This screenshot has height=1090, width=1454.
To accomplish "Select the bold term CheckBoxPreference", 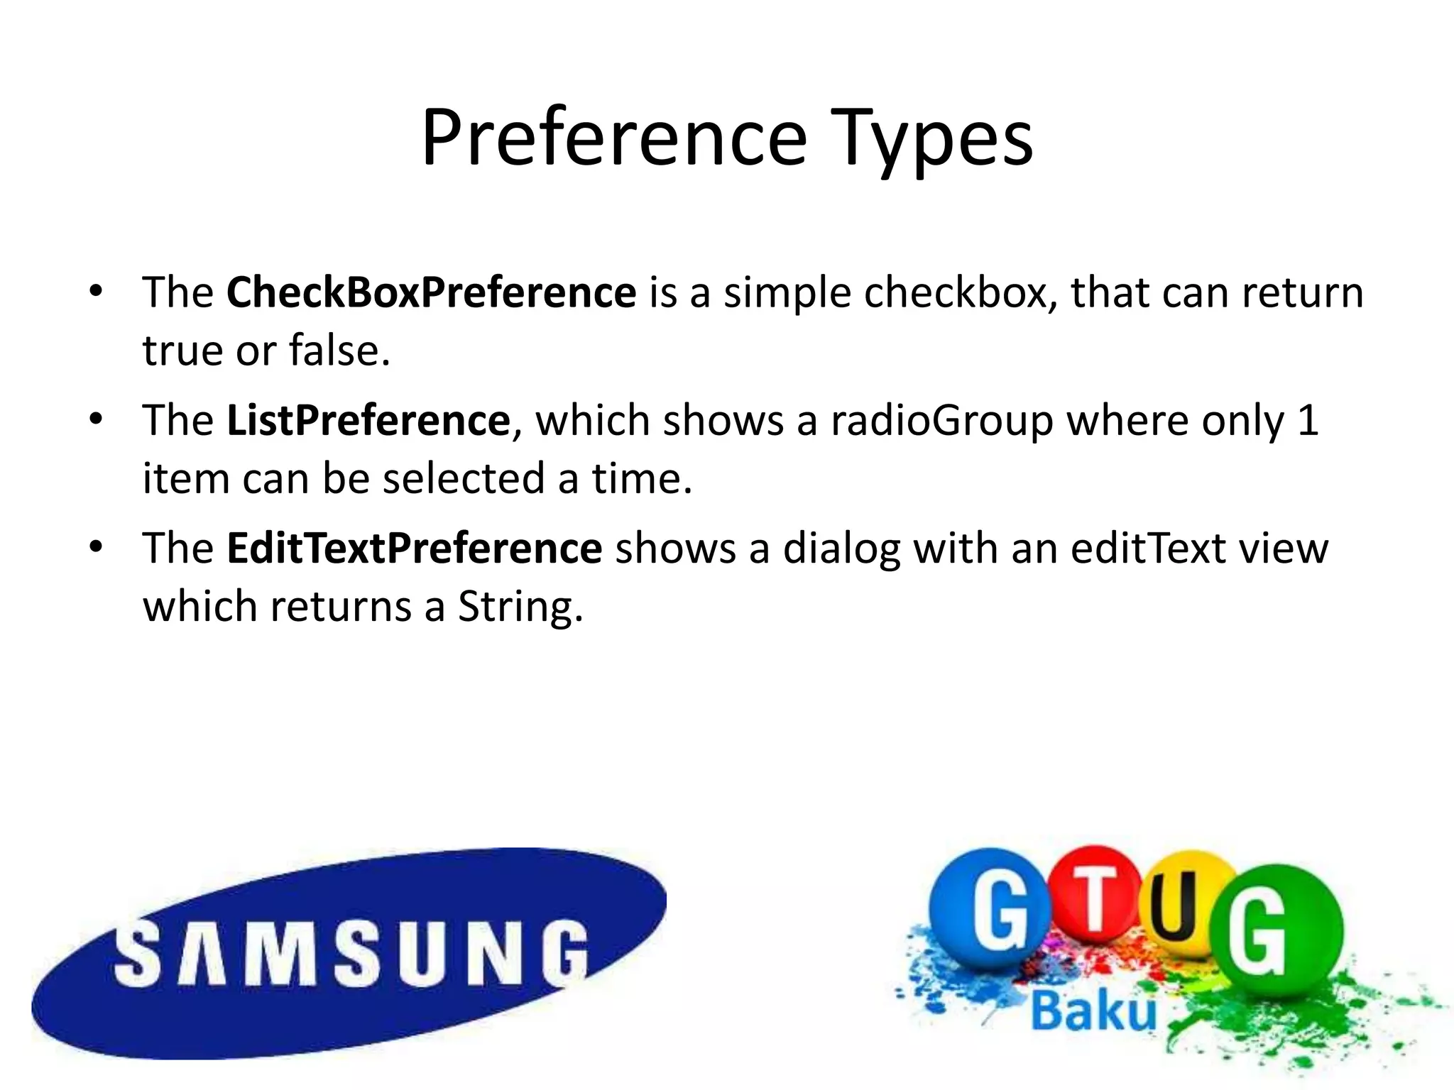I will pyautogui.click(x=431, y=292).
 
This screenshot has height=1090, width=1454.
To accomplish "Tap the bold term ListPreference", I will pyautogui.click(x=368, y=420).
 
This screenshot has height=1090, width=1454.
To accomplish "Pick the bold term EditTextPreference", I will pyautogui.click(x=414, y=549).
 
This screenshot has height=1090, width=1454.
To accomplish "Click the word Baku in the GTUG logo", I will pyautogui.click(x=1093, y=1011).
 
